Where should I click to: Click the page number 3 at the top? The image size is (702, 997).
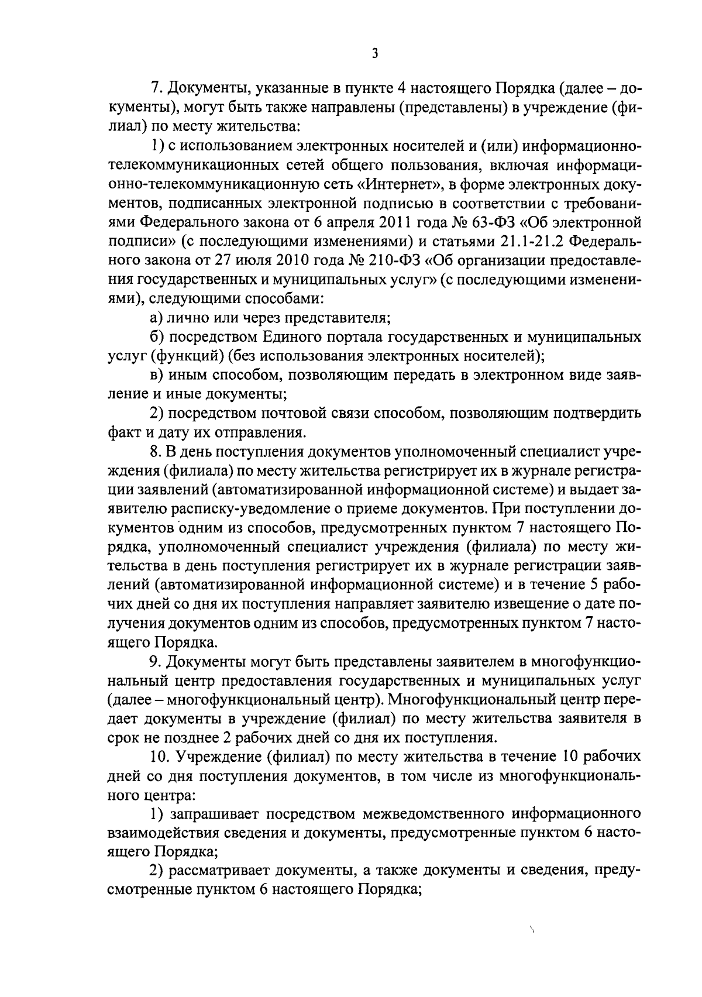374,54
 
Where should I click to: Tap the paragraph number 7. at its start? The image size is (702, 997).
156,89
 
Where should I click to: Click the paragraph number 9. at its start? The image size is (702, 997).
156,662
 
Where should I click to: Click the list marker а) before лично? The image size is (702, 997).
156,318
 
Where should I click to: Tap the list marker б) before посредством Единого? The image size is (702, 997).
156,337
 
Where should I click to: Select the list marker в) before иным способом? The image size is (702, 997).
156,375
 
